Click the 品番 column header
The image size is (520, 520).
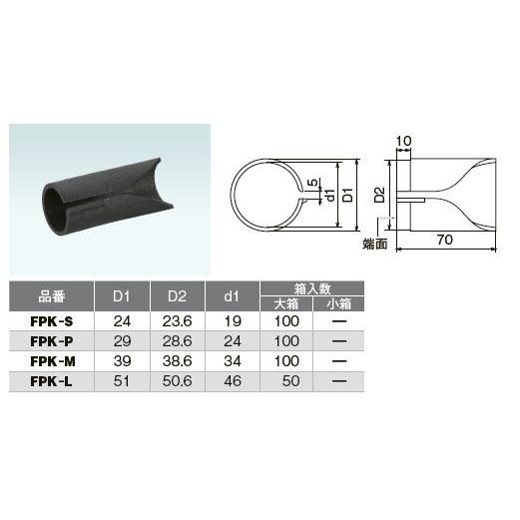pos(52,296)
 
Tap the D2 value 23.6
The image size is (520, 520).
pos(176,322)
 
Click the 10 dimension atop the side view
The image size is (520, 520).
pos(404,141)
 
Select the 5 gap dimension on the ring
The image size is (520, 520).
pos(310,183)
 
